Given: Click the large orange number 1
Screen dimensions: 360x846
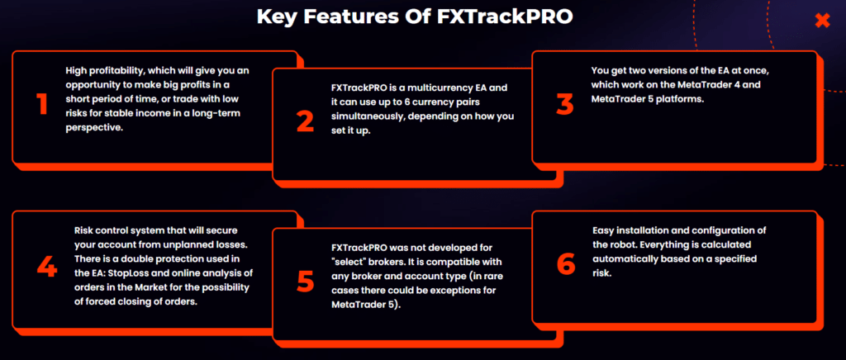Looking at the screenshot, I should coord(40,104).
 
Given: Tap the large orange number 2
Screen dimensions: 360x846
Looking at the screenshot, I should coord(305,121).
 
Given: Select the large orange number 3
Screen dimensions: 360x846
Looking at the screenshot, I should coord(564,104).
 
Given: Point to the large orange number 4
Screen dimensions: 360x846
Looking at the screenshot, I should coord(46,265).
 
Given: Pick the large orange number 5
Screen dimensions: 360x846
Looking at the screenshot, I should coord(305,282).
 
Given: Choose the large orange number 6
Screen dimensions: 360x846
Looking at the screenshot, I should coord(565,264).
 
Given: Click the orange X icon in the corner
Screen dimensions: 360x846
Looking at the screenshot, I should coord(821,21).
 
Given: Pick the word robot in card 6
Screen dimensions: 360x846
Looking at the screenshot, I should coord(609,244).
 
